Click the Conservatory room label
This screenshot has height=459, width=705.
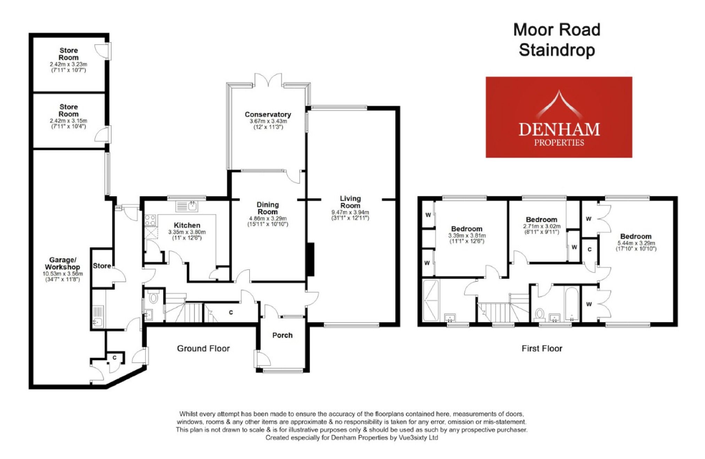(268, 114)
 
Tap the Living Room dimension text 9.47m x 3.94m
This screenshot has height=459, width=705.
(350, 212)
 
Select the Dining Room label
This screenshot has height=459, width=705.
(267, 208)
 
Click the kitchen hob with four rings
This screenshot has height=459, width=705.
(150, 220)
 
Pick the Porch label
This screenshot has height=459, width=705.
(282, 335)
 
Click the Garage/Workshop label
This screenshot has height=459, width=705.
(62, 263)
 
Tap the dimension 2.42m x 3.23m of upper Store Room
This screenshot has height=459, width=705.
(68, 64)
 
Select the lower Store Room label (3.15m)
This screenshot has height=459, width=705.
(69, 110)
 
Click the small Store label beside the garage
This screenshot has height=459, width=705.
(102, 266)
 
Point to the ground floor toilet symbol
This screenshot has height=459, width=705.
(153, 298)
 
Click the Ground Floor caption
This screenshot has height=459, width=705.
(203, 348)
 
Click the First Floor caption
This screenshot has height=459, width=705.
(542, 348)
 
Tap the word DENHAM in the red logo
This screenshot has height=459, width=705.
(559, 129)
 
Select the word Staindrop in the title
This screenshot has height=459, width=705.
(557, 50)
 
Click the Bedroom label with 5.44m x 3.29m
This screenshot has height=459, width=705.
(635, 236)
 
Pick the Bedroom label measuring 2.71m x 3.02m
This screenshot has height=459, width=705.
(541, 220)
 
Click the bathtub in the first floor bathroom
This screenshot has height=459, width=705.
(572, 303)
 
